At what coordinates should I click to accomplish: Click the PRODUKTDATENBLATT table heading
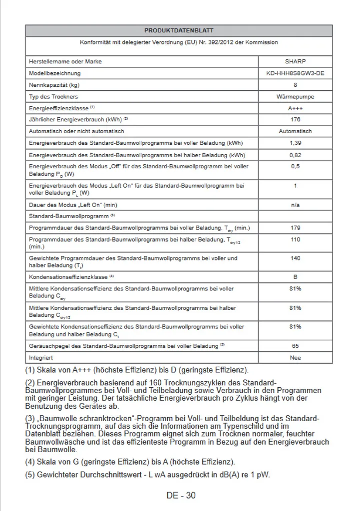(179, 30)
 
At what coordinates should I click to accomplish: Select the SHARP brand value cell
(295, 62)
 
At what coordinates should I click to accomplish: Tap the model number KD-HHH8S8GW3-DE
(295, 73)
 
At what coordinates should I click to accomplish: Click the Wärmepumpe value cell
(295, 96)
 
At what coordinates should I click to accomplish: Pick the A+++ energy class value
(295, 108)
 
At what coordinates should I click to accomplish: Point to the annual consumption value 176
(295, 120)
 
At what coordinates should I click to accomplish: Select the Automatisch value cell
(295, 131)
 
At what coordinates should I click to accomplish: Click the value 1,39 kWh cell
(295, 143)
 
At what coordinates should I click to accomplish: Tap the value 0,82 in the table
(295, 155)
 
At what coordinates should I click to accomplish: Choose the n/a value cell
(295, 205)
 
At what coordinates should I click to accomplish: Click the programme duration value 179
(295, 228)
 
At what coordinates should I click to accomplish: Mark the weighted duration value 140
(295, 258)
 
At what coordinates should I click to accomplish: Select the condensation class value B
(295, 276)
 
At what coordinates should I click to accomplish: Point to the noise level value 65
(295, 346)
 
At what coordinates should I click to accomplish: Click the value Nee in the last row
(295, 358)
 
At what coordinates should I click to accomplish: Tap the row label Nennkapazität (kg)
(54, 85)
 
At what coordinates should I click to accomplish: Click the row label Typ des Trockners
(53, 96)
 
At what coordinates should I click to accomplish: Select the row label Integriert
(41, 358)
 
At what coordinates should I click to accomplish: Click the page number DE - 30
(181, 496)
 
